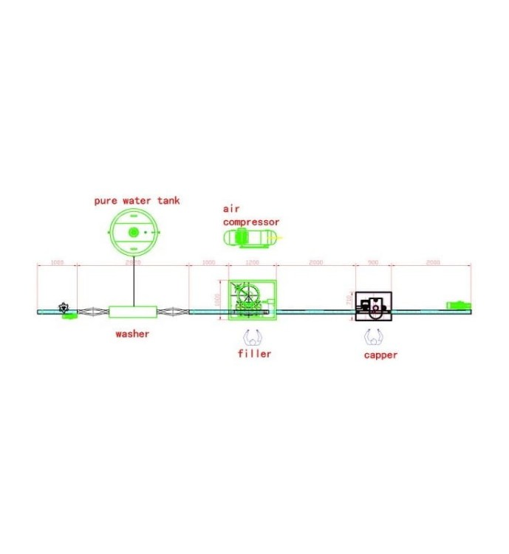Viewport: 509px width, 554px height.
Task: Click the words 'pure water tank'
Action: click(136, 200)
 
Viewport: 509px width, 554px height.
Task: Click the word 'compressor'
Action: click(251, 222)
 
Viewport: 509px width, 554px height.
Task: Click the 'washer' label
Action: click(132, 334)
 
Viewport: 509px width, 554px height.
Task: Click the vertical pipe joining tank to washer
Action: click(134, 281)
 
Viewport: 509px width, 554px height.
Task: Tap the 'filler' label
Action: click(254, 354)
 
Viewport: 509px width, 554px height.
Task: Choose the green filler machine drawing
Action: click(252, 301)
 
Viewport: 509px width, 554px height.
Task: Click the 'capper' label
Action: click(380, 355)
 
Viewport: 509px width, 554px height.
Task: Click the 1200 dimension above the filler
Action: click(252, 262)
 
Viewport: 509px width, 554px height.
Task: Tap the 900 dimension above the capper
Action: click(373, 262)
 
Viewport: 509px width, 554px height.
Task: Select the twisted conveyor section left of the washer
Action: click(94, 312)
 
